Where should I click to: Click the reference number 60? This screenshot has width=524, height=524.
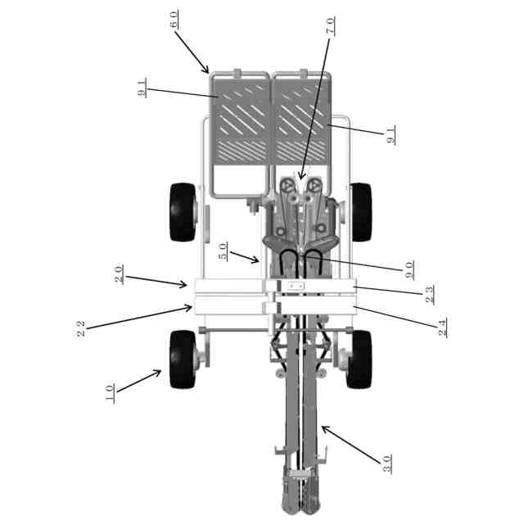click(174, 20)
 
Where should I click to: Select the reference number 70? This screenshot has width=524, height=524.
click(329, 25)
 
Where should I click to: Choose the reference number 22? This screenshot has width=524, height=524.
click(81, 328)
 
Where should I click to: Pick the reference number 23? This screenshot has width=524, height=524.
click(430, 295)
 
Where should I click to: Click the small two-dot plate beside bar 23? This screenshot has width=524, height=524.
click(295, 286)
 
